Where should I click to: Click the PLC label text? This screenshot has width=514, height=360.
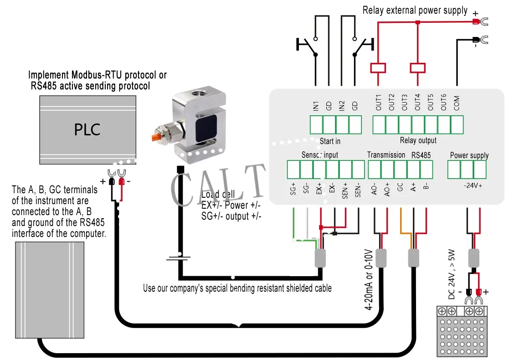(x=87, y=130)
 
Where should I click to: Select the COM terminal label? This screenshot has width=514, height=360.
(x=457, y=103)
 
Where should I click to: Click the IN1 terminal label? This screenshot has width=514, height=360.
(x=316, y=106)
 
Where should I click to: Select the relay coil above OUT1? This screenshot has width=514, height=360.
(x=378, y=68)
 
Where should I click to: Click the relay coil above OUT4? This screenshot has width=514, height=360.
(x=417, y=68)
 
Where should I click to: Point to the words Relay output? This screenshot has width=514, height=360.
(x=418, y=140)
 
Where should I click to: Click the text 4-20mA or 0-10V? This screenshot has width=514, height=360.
(x=370, y=279)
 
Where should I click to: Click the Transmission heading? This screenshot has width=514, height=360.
(x=386, y=155)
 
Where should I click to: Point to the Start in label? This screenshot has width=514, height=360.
(x=330, y=141)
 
